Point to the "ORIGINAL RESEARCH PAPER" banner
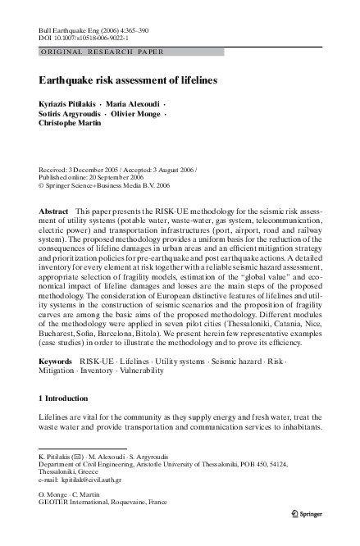(102, 51)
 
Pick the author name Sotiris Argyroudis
(68, 116)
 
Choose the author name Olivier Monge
(134, 116)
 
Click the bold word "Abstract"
(54, 212)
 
